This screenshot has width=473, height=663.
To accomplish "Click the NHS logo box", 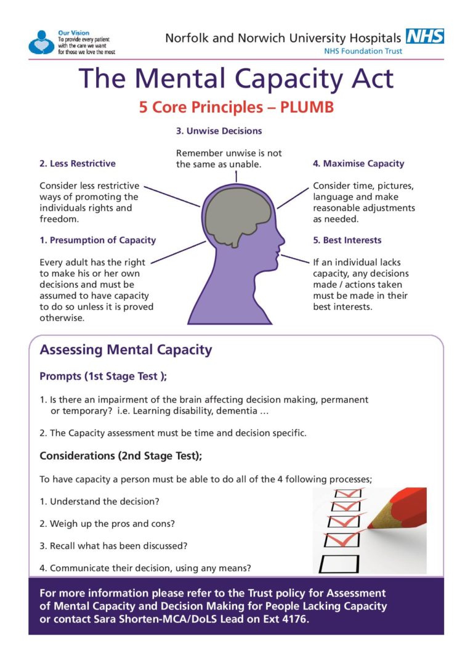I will [425, 36].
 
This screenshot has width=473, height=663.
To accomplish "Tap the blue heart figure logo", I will [41, 42].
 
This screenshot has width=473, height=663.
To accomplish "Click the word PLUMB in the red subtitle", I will [307, 107].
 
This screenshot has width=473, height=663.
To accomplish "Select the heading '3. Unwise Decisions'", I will [219, 131].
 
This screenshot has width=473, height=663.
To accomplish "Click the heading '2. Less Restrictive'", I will [77, 163].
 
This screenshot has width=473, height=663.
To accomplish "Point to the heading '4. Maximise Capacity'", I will [358, 163].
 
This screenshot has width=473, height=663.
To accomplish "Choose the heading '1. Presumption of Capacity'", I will [97, 240].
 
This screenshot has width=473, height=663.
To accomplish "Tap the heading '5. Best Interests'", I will [347, 240].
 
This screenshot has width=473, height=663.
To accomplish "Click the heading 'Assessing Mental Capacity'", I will [126, 350].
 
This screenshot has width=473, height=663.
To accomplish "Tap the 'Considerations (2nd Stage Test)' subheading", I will [121, 456].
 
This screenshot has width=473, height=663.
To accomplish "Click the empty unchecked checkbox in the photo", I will [339, 563].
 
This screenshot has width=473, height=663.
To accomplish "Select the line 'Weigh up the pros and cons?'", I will [107, 524].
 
